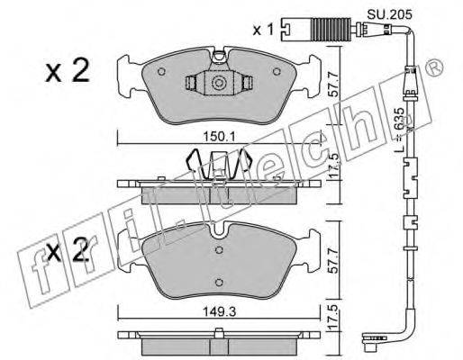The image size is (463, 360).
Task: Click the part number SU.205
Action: point(390,13)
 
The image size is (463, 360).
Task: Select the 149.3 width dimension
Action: point(220,312)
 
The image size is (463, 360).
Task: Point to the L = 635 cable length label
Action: point(399,130)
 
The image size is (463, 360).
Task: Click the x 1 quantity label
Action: point(263,30)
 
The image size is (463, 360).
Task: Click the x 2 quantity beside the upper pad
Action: point(68,70)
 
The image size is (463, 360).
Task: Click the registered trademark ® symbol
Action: point(434,67)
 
